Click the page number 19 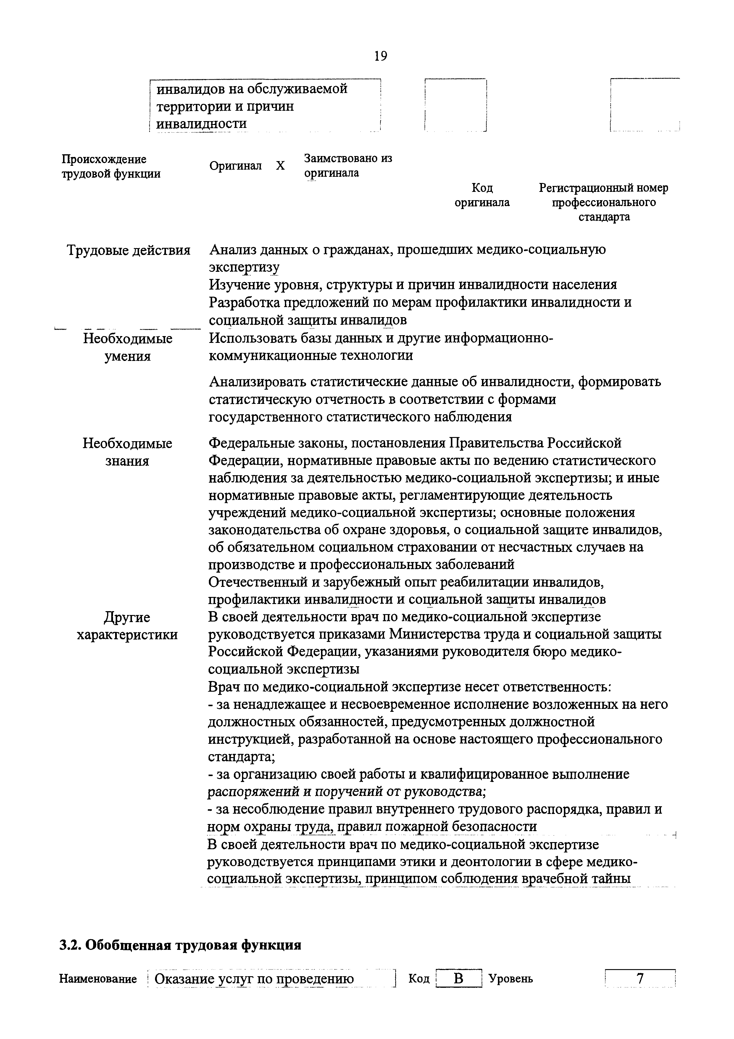pos(381,56)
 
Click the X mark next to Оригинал pos(280,166)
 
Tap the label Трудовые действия pos(128,250)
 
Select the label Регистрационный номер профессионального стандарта pos(603,202)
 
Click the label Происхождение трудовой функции pos(111,166)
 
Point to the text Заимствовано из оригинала pos(348,166)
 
